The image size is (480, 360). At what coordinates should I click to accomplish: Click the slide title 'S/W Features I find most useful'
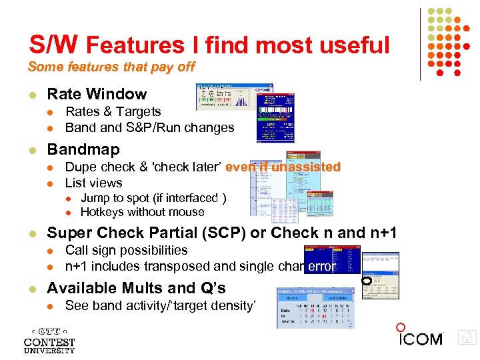pyautogui.click(x=209, y=45)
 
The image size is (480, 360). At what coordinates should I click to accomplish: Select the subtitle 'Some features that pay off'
pyautogui.click(x=111, y=67)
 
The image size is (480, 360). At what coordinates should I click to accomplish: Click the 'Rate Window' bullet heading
pyautogui.click(x=97, y=94)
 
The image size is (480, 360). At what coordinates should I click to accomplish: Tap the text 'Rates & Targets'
pyautogui.click(x=113, y=112)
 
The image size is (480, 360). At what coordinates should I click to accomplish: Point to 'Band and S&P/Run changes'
pyautogui.click(x=149, y=128)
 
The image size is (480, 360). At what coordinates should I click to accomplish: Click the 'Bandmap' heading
pyautogui.click(x=83, y=149)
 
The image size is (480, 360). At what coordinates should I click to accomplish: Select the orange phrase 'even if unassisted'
pyautogui.click(x=283, y=167)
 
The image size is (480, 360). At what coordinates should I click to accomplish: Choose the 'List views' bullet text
pyautogui.click(x=93, y=183)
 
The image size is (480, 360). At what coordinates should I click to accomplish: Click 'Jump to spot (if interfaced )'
pyautogui.click(x=153, y=198)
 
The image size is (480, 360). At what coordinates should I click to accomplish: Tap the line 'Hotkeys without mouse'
pyautogui.click(x=142, y=213)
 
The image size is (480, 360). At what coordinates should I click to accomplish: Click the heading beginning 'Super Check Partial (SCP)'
pyautogui.click(x=221, y=233)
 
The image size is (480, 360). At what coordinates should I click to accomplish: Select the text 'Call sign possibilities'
pyautogui.click(x=126, y=251)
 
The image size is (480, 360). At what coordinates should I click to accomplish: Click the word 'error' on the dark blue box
pyautogui.click(x=322, y=267)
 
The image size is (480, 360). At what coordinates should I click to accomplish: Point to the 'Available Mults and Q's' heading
pyautogui.click(x=136, y=288)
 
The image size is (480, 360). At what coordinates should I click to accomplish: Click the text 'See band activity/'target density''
pyautogui.click(x=160, y=306)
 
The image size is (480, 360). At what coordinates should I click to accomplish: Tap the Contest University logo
pyautogui.click(x=49, y=340)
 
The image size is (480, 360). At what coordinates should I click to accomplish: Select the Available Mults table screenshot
pyautogui.click(x=315, y=308)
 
